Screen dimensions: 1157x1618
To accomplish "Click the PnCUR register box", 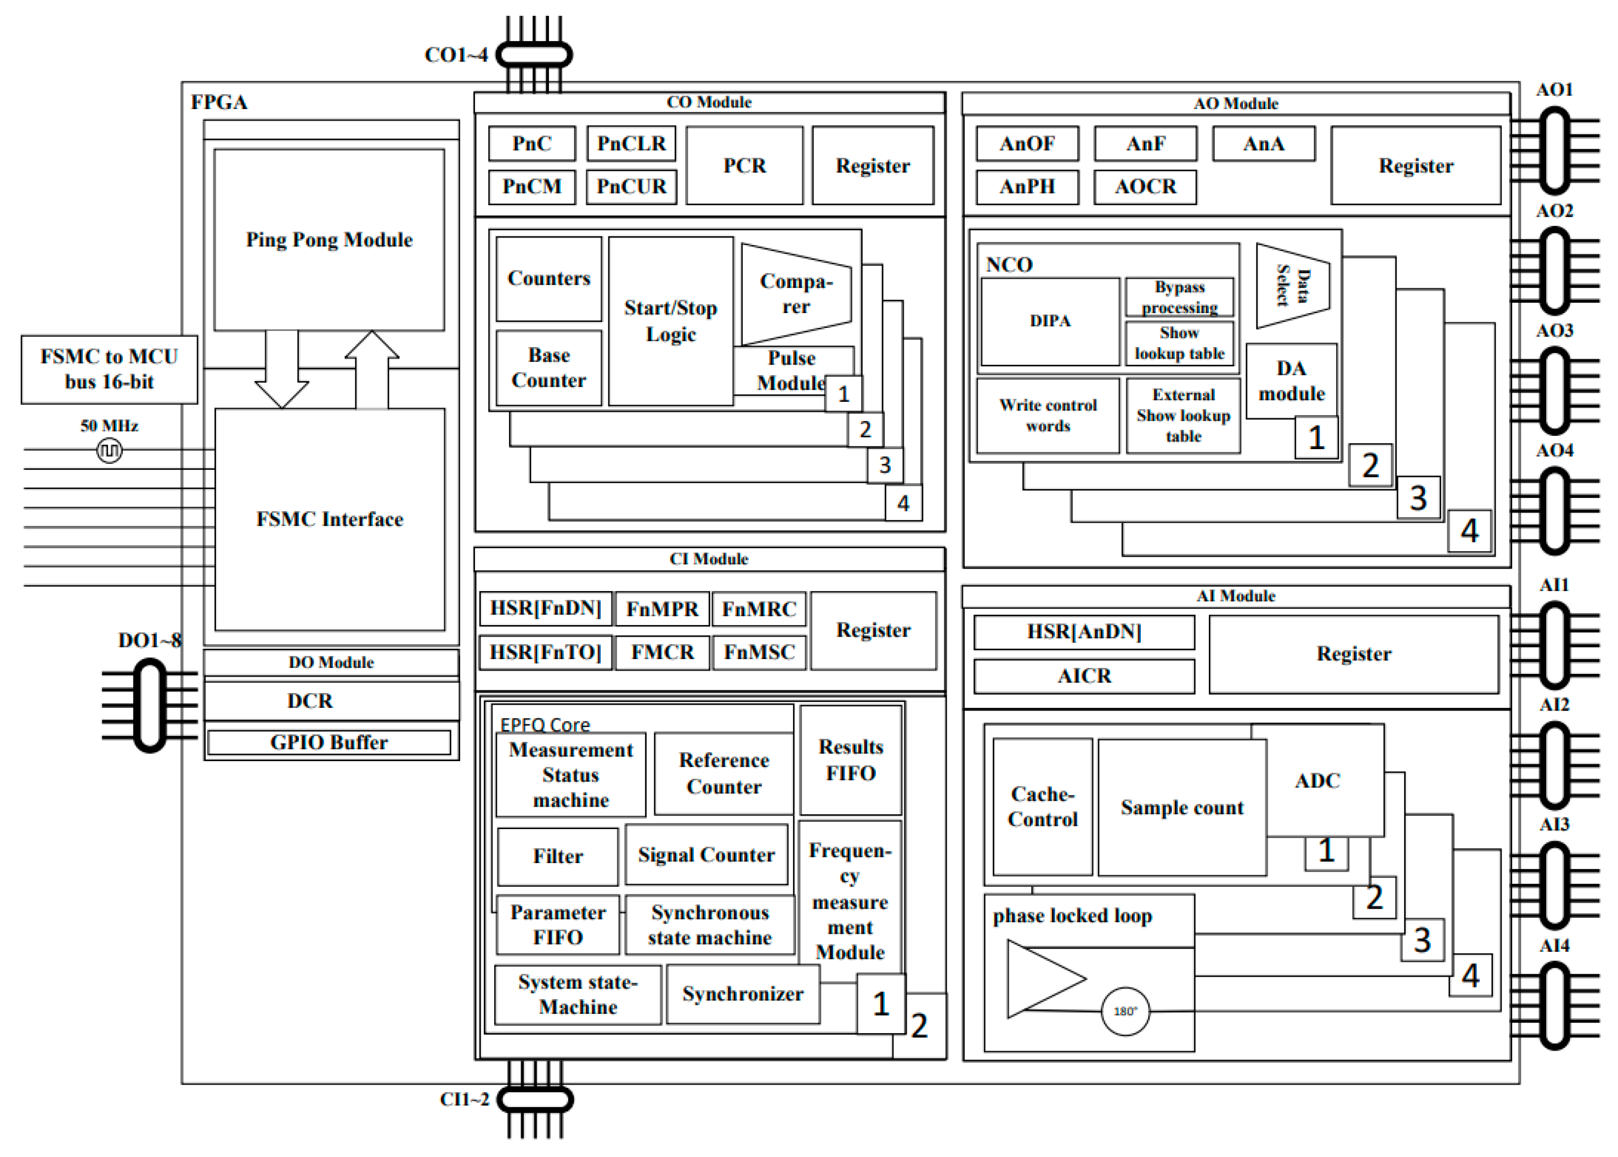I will [x=631, y=186].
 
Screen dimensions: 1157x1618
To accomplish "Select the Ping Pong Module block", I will [x=329, y=240].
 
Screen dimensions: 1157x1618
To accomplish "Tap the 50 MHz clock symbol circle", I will [x=109, y=450].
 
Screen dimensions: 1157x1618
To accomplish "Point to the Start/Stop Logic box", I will [x=670, y=321].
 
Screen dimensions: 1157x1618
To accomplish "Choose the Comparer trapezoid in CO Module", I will [x=795, y=293].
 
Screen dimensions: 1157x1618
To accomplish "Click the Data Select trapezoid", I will [x=1291, y=286].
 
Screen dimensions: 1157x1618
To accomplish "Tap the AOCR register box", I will [x=1144, y=186].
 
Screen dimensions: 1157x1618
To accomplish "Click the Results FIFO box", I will [x=850, y=759].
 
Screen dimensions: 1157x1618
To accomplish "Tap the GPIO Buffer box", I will [x=329, y=742].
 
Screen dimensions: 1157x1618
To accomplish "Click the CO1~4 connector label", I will [x=456, y=55].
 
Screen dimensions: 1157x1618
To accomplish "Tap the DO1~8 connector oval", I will [x=150, y=705].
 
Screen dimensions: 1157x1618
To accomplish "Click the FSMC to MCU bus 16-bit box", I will [x=109, y=369].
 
